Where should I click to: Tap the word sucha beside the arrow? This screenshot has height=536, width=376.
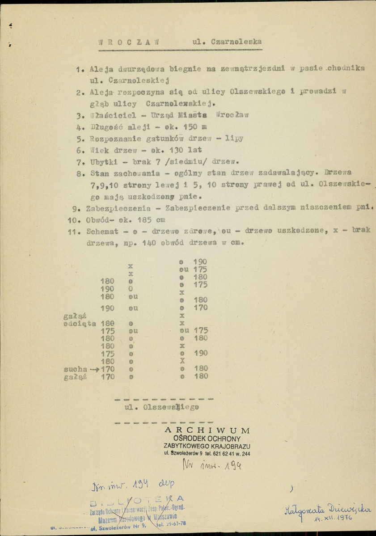[x=73, y=369]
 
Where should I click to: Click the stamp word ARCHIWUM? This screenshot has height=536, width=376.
[x=207, y=430]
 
